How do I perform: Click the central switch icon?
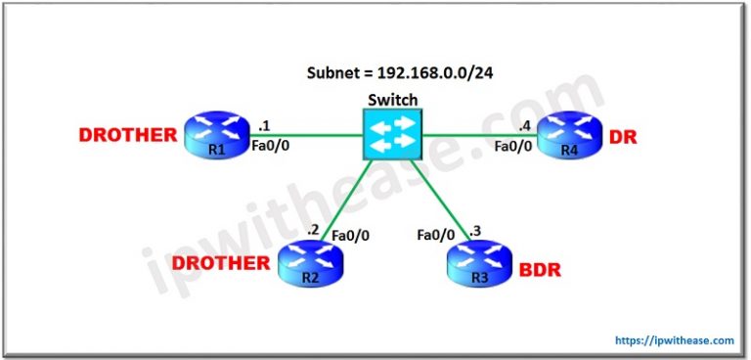391,134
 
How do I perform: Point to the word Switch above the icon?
391,100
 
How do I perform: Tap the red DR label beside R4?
622,137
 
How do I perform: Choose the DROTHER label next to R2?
220,262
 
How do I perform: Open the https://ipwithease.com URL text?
675,340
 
